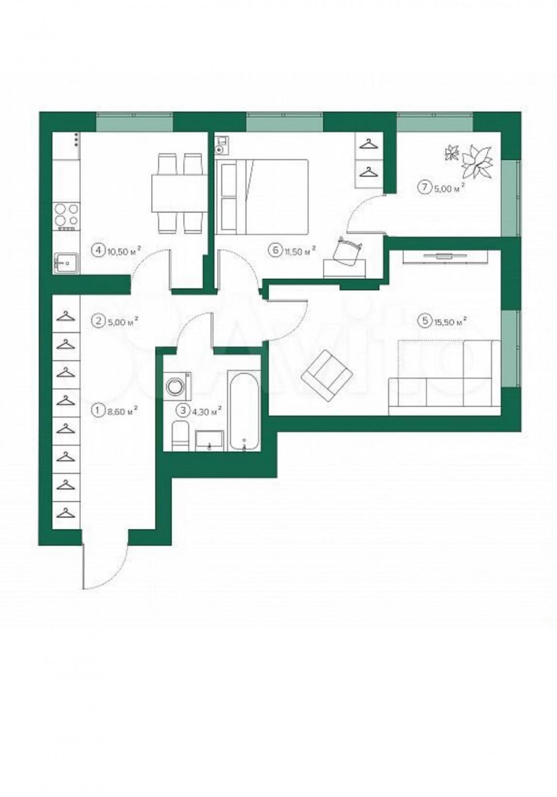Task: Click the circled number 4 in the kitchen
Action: [x=96, y=250]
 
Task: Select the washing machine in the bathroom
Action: [x=177, y=386]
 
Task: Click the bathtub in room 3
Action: [x=244, y=411]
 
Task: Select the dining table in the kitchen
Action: [x=179, y=193]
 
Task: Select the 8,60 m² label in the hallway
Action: [x=121, y=411]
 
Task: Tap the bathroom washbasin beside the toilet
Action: [x=210, y=440]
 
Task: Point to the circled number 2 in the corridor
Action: [x=96, y=322]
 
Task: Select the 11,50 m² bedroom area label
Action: [x=299, y=251]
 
